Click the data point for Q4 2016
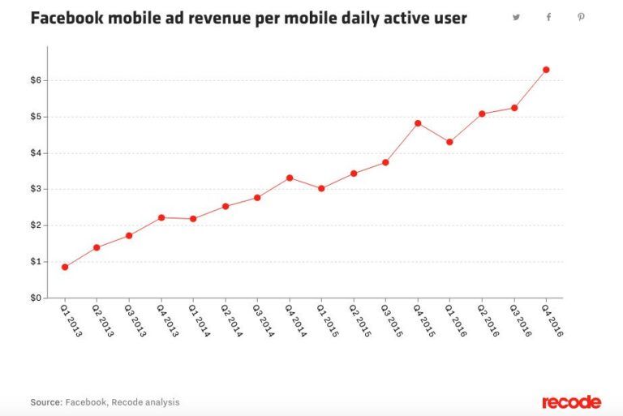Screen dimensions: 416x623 point(546,70)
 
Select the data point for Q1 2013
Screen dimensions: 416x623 point(65,267)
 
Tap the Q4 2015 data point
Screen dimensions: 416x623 point(418,123)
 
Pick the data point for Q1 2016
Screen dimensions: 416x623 point(449,142)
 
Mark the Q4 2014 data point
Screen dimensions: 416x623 point(290,178)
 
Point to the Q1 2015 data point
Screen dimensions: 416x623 point(321,188)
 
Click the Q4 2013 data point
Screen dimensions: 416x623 point(161,217)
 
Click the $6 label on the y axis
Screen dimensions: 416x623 point(37,80)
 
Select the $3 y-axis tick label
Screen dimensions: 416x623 point(37,189)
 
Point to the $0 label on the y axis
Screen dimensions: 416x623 point(37,298)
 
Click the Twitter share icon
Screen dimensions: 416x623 point(516,17)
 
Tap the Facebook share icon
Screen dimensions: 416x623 point(548,17)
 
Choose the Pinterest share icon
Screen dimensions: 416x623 point(581,17)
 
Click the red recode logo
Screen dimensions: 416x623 point(571,402)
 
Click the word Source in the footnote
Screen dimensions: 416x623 point(46,402)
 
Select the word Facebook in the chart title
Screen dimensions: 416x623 point(67,18)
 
